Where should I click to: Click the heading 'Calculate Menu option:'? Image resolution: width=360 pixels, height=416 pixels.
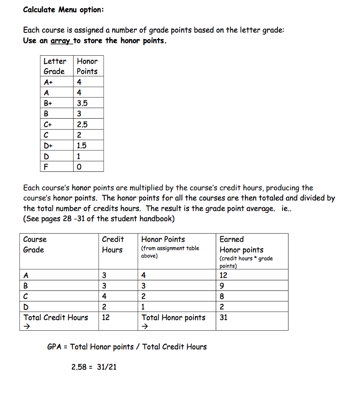pyautogui.click(x=63, y=10)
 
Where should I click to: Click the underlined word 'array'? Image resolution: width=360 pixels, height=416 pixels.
pyautogui.click(x=60, y=41)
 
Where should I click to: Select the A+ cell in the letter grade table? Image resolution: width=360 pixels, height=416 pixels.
pyautogui.click(x=49, y=82)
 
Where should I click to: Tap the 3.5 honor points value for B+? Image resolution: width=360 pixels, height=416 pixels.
pyautogui.click(x=82, y=103)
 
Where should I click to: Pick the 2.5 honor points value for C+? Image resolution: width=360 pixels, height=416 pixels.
pyautogui.click(x=82, y=124)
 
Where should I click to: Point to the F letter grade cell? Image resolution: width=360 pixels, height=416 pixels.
pyautogui.click(x=46, y=167)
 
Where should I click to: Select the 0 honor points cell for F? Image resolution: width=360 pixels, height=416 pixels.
pyautogui.click(x=79, y=167)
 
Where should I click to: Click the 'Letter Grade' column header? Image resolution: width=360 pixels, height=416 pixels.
pyautogui.click(x=55, y=66)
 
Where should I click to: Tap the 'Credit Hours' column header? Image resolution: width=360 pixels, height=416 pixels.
pyautogui.click(x=113, y=245)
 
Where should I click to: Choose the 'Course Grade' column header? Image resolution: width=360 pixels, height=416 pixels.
pyautogui.click(x=35, y=245)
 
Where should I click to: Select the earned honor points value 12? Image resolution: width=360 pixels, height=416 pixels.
pyautogui.click(x=224, y=275)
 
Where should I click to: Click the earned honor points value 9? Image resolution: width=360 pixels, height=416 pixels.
pyautogui.click(x=222, y=286)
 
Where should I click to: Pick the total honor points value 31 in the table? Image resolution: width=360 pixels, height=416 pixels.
pyautogui.click(x=224, y=318)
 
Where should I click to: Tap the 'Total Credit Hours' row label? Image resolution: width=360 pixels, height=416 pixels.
pyautogui.click(x=56, y=318)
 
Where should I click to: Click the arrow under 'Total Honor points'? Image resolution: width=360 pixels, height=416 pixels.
pyautogui.click(x=144, y=326)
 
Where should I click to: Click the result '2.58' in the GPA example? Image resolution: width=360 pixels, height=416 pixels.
pyautogui.click(x=79, y=367)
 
